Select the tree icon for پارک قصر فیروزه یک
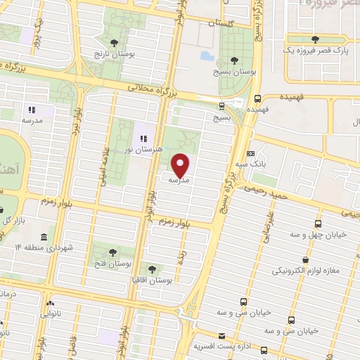[x=313, y=39]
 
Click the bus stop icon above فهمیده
[x=258, y=98]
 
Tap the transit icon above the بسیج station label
[x=222, y=106]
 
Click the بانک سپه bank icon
[x=251, y=154]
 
